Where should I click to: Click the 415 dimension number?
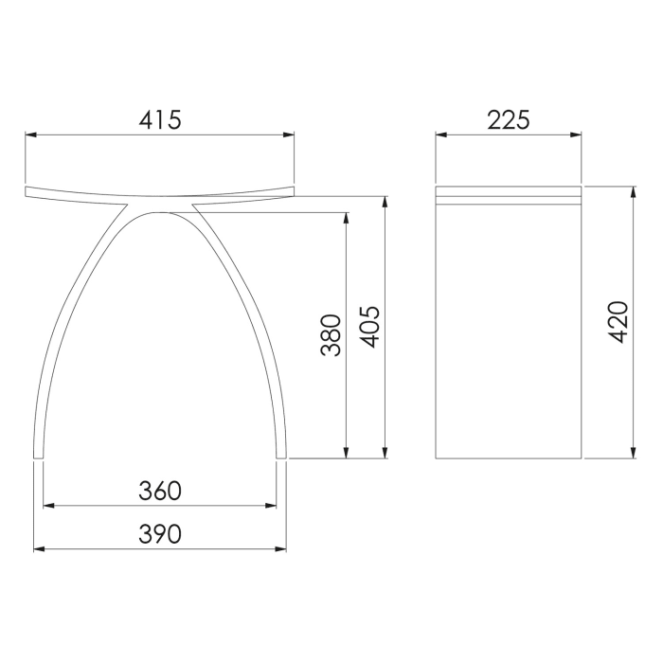click(x=159, y=119)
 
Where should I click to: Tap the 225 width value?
click(x=508, y=119)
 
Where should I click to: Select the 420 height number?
click(x=617, y=321)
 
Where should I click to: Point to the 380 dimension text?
click(x=331, y=335)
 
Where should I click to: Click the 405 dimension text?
click(x=370, y=327)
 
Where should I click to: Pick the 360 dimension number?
click(x=159, y=491)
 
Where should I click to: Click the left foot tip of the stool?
click(x=37, y=457)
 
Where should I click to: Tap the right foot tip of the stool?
click(x=283, y=457)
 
